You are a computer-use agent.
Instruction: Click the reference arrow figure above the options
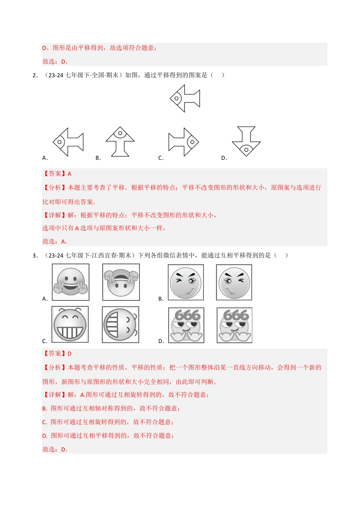click(185, 98)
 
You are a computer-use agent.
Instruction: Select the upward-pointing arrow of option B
click(120, 142)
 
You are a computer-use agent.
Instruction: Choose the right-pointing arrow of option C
click(184, 142)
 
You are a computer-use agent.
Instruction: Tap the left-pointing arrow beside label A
click(68, 142)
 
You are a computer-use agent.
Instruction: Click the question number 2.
click(35, 75)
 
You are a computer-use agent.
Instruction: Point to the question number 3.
click(35, 256)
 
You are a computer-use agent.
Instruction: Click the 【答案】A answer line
click(57, 174)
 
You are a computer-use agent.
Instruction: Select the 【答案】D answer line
click(57, 354)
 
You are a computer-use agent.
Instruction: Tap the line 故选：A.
click(55, 242)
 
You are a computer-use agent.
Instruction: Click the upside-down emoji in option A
click(121, 283)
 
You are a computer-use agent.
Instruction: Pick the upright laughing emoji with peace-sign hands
click(70, 283)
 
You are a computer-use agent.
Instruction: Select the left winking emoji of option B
click(186, 283)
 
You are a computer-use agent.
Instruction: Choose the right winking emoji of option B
click(234, 283)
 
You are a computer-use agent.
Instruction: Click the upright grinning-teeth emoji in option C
click(70, 325)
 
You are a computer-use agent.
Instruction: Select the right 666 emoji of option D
click(235, 325)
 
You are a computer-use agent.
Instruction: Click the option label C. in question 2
click(161, 158)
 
